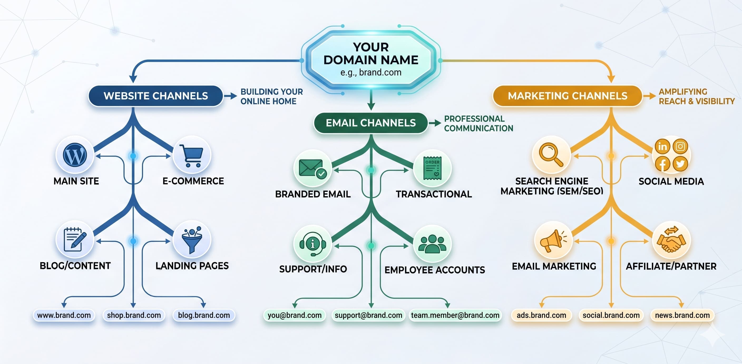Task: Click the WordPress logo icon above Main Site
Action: [x=75, y=155]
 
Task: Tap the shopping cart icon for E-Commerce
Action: [x=192, y=156]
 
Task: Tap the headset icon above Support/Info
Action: [x=313, y=244]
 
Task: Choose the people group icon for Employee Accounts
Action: [x=432, y=244]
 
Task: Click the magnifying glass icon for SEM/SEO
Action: [x=551, y=155]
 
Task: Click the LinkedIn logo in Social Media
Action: [x=662, y=146]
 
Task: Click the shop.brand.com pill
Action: [x=134, y=315]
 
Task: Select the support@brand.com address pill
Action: [x=368, y=315]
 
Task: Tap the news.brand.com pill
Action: [x=682, y=315]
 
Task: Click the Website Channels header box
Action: [x=155, y=96]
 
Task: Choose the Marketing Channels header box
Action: [x=568, y=96]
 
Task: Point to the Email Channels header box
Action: [x=371, y=123]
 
